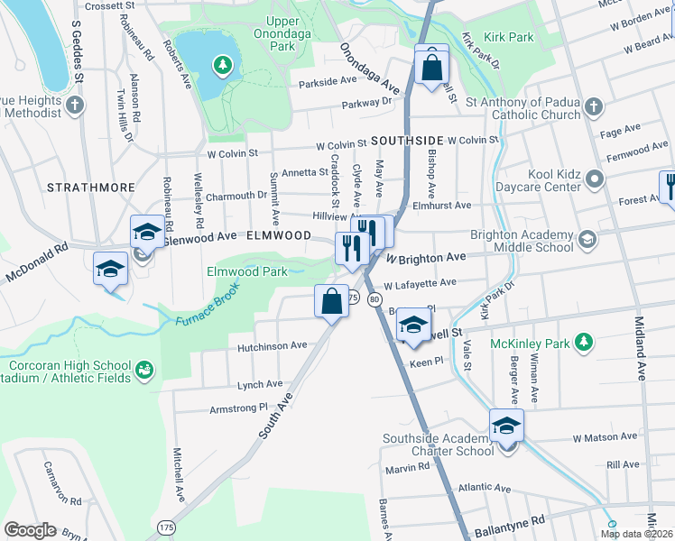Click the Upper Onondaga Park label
pos(294,33)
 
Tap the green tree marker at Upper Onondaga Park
pos(221,65)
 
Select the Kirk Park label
pos(509,38)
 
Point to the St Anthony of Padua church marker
pos(593,107)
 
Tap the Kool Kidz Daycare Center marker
pos(594,179)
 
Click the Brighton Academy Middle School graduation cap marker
pos(587,238)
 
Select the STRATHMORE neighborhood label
pos(88,188)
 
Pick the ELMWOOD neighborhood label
pos(272,234)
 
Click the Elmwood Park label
pos(246,270)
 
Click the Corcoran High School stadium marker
pos(143,371)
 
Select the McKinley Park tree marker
pos(584,343)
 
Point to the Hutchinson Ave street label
pos(272,345)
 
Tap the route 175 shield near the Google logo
pos(165,525)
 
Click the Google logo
pos(30,530)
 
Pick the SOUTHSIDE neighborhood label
pos(407,141)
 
